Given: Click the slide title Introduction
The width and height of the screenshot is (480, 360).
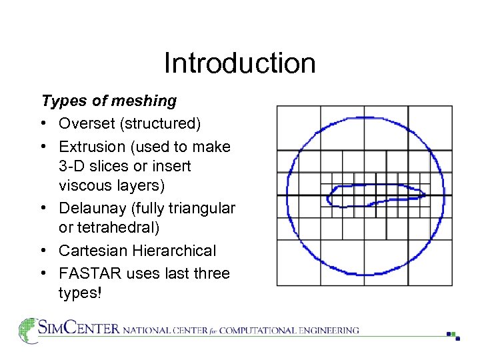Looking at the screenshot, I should pyautogui.click(x=239, y=63).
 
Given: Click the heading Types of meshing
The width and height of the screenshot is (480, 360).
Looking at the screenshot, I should pyautogui.click(x=109, y=101).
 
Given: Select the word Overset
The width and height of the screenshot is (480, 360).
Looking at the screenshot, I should pyautogui.click(x=85, y=124).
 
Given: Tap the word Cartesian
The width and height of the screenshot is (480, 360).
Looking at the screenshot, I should pyautogui.click(x=91, y=251).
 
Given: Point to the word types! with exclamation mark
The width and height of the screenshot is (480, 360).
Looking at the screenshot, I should pyautogui.click(x=80, y=293).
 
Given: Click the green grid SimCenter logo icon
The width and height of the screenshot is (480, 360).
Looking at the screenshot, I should pyautogui.click(x=28, y=330).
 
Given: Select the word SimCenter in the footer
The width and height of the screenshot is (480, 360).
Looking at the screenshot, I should pyautogui.click(x=79, y=329).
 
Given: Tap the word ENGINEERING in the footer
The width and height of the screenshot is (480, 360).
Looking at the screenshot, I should pyautogui.click(x=326, y=330).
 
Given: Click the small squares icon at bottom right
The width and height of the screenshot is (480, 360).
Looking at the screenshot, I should pyautogui.click(x=453, y=335).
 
